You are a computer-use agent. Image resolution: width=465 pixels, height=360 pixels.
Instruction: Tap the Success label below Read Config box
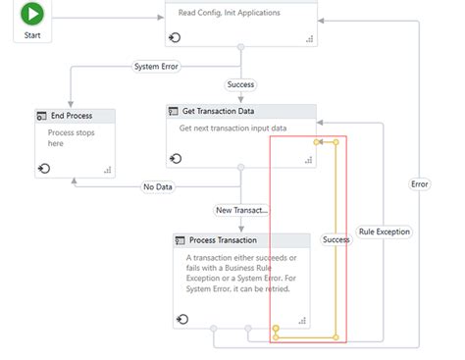click(x=240, y=84)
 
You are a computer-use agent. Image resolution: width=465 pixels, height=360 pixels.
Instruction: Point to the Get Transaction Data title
click(x=227, y=112)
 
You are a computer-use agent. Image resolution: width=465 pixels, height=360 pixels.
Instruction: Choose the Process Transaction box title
click(x=223, y=240)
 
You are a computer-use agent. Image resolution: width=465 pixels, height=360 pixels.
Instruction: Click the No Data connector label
click(x=159, y=187)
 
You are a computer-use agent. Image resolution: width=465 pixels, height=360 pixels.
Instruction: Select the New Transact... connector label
click(x=241, y=210)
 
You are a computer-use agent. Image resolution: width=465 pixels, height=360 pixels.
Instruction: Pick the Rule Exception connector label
click(x=385, y=232)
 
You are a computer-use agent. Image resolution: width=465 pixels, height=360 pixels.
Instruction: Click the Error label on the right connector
click(x=420, y=182)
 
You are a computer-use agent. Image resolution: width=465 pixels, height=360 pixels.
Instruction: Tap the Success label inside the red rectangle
click(x=336, y=239)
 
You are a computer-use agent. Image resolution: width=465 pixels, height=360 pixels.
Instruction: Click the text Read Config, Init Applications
click(x=230, y=13)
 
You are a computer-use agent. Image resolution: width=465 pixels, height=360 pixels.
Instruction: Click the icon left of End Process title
click(x=41, y=116)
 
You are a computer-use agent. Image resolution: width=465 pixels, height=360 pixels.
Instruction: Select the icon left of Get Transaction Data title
click(x=174, y=112)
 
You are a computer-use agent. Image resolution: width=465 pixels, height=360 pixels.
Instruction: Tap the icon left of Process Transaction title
click(x=181, y=240)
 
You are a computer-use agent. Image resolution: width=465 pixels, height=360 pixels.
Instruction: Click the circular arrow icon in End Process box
click(x=44, y=169)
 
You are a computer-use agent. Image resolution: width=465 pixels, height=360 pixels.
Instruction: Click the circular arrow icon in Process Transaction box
click(x=181, y=319)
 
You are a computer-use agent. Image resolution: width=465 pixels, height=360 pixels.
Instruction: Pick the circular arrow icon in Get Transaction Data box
click(x=176, y=158)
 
